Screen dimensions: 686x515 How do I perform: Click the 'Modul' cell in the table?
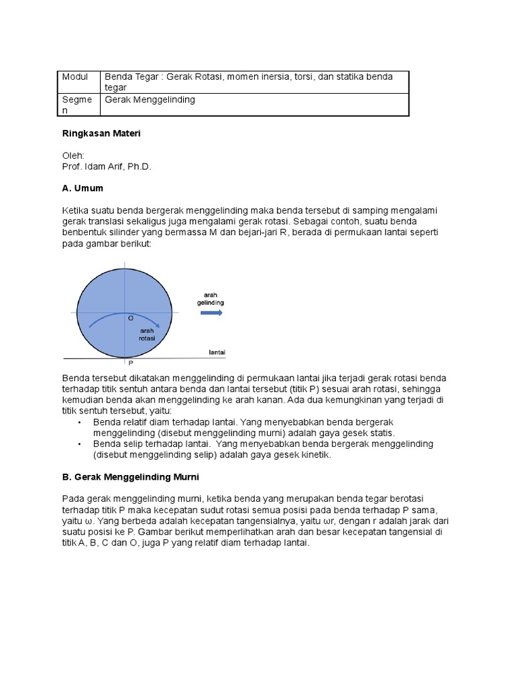click(x=75, y=77)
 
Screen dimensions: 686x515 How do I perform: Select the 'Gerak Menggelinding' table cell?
click(x=149, y=99)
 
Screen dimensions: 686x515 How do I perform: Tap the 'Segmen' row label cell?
click(x=76, y=105)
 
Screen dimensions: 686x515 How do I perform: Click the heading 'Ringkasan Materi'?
click(x=101, y=133)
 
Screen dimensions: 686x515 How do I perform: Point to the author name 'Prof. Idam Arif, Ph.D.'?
click(x=107, y=167)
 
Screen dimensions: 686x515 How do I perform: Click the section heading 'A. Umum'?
click(x=82, y=188)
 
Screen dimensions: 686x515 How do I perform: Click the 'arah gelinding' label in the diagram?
click(x=210, y=298)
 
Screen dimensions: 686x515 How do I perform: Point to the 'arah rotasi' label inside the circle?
click(x=147, y=334)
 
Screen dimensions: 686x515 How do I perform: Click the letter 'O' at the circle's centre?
click(x=130, y=319)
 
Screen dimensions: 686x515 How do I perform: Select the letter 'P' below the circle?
click(x=130, y=362)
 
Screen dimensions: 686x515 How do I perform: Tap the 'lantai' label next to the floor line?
click(x=217, y=352)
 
